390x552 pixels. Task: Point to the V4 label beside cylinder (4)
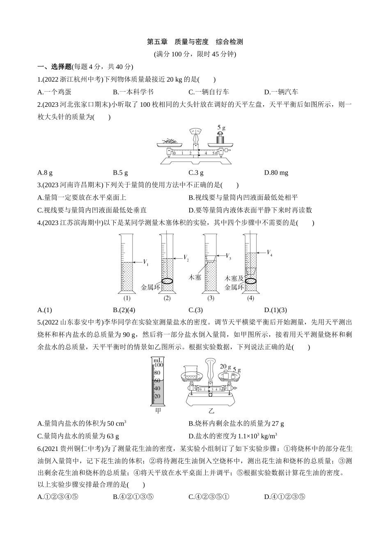pos(269,253)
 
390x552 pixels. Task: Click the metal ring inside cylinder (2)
pos(167,281)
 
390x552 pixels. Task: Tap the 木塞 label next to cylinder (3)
pos(195,278)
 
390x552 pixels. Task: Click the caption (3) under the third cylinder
pos(211,298)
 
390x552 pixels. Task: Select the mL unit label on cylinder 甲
pos(158,360)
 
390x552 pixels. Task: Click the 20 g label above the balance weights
pos(225,366)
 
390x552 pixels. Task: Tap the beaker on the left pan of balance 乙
pos(189,374)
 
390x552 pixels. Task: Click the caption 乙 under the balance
pos(211,410)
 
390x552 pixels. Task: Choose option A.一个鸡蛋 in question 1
pos(54,92)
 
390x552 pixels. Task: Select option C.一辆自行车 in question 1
pos(209,92)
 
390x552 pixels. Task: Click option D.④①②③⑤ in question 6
pos(285,497)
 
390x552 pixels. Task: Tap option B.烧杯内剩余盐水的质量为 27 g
pos(236,423)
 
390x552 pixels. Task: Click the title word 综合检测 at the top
pos(229,41)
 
